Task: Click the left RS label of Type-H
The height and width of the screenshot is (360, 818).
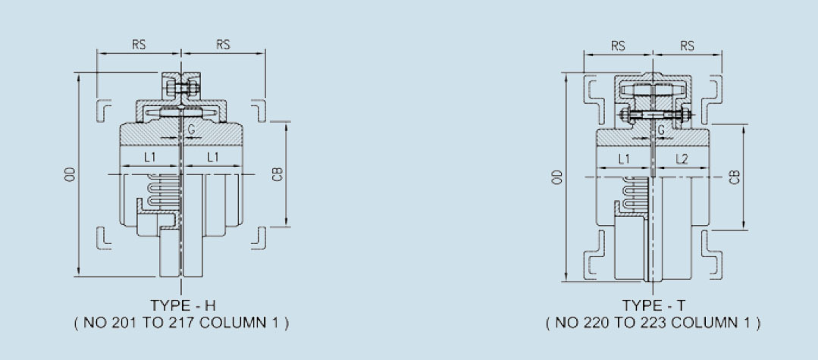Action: (139, 45)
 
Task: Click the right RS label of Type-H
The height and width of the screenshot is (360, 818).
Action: (223, 45)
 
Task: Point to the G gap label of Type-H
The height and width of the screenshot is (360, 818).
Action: (191, 130)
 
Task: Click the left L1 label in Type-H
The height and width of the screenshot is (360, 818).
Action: (149, 157)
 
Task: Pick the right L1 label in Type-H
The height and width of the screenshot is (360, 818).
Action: (213, 157)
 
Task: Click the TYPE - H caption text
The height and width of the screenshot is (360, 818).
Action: (183, 305)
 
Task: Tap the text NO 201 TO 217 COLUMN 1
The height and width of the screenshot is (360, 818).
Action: (182, 323)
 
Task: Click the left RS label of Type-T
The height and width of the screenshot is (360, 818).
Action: (618, 45)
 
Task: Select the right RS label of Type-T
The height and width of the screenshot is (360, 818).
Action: (687, 45)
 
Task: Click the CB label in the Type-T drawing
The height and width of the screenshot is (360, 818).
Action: (734, 177)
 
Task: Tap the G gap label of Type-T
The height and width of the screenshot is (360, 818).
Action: (662, 130)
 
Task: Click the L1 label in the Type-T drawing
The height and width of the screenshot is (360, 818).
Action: (624, 159)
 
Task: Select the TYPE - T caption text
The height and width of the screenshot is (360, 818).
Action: (653, 305)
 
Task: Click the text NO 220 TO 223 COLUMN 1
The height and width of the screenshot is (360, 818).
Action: (653, 323)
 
